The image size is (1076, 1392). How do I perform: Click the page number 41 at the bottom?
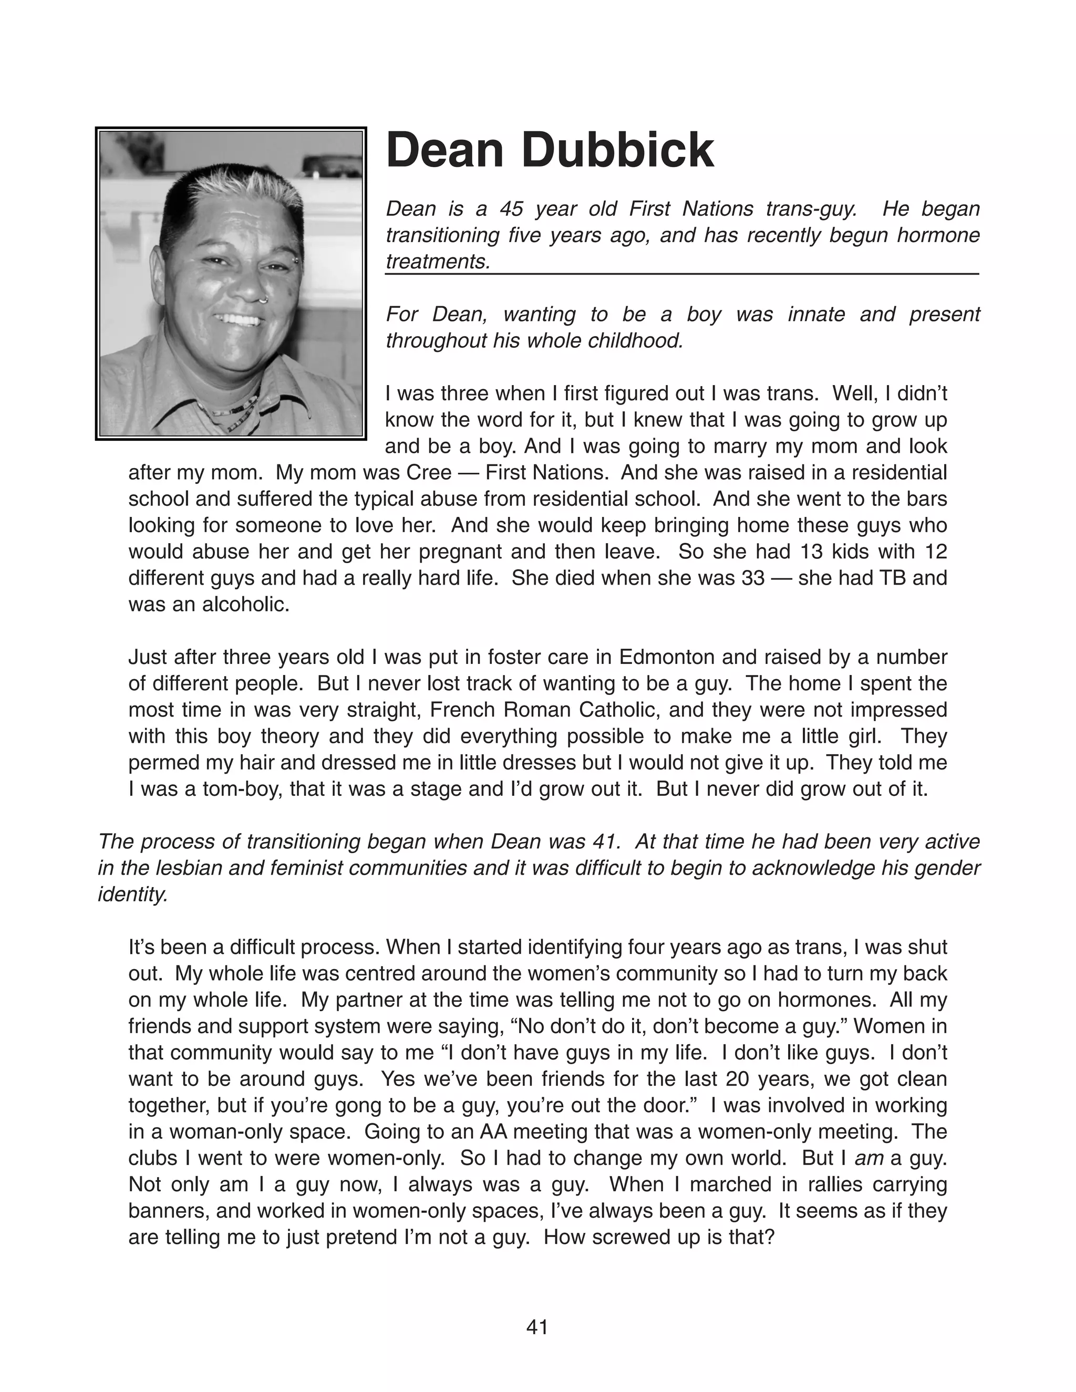(537, 1327)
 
